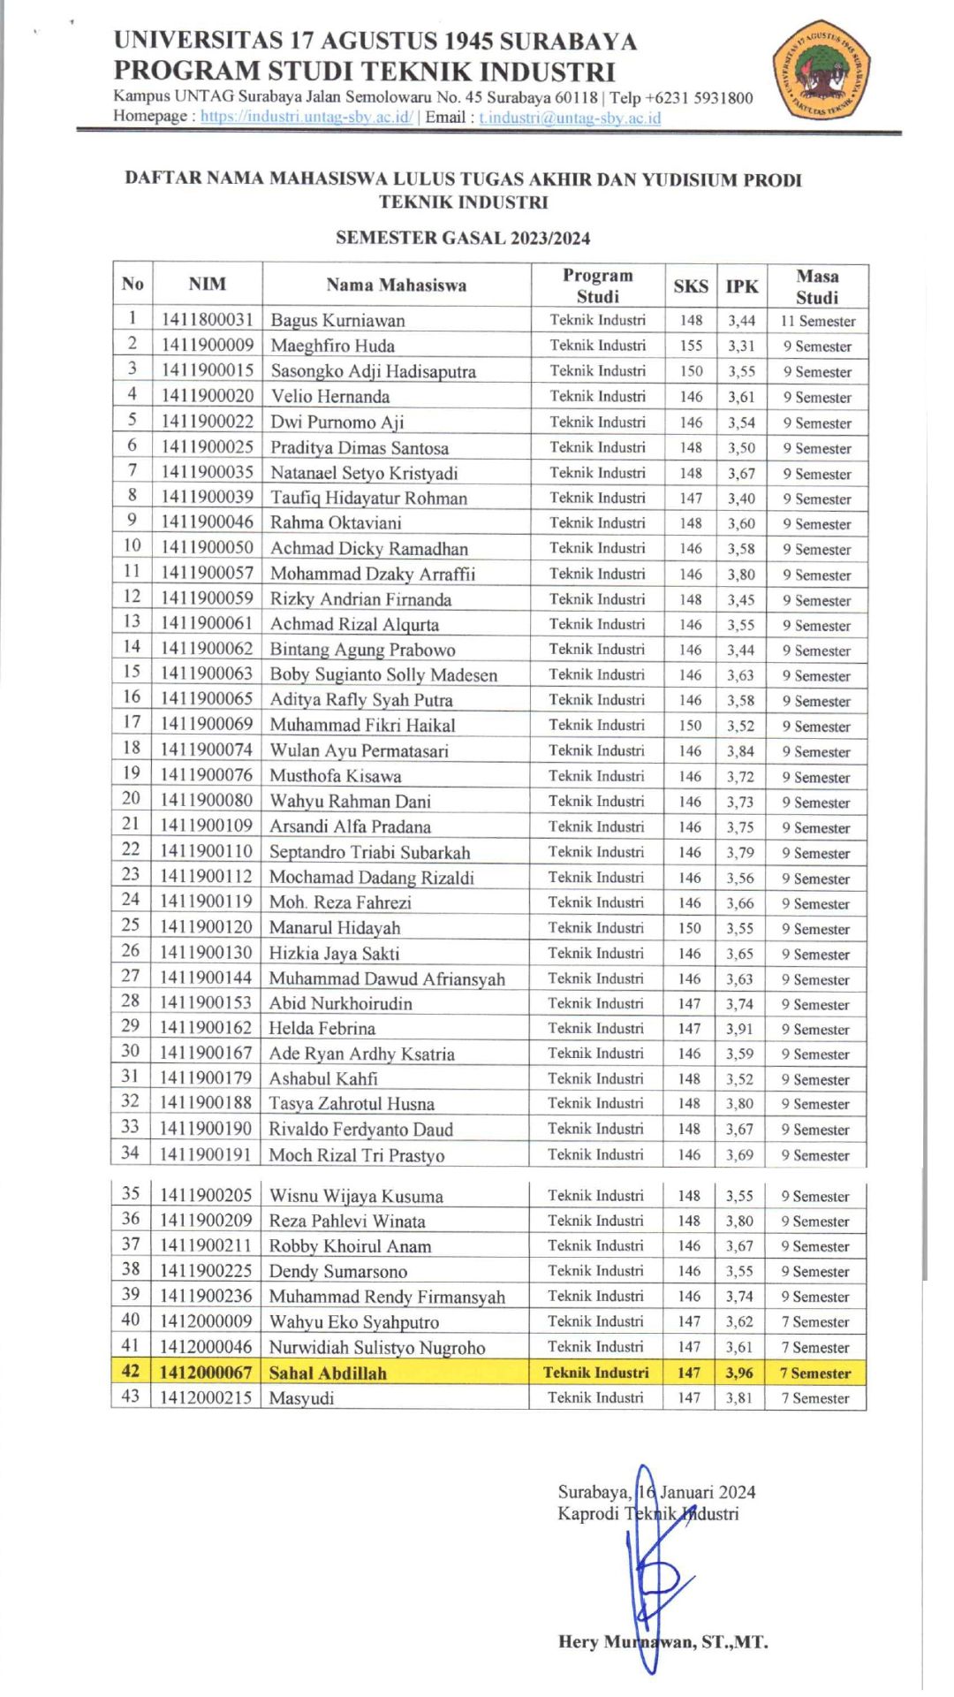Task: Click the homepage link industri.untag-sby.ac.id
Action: (x=306, y=117)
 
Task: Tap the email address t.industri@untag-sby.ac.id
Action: (x=570, y=118)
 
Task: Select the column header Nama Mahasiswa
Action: (x=396, y=285)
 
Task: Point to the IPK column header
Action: (x=741, y=285)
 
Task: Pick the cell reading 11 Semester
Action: (x=817, y=321)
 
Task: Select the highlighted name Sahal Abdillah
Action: (x=328, y=1373)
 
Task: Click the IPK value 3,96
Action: (x=739, y=1373)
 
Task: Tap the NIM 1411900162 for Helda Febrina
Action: (x=206, y=1028)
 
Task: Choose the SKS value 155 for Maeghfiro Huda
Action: (x=691, y=346)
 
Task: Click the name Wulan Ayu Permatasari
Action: (x=359, y=750)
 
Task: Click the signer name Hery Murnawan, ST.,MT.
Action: (x=662, y=1642)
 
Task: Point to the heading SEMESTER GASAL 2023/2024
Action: (x=463, y=238)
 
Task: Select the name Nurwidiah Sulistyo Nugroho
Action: (x=377, y=1348)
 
